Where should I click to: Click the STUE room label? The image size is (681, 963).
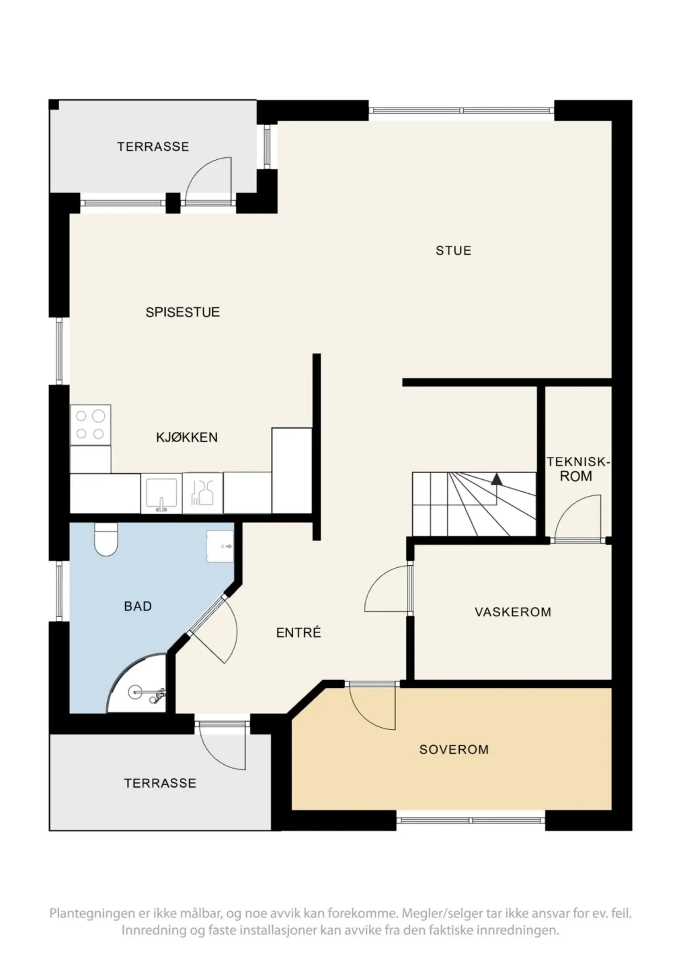click(453, 251)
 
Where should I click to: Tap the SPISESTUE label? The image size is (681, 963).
click(183, 312)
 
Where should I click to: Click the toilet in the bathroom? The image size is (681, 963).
click(106, 540)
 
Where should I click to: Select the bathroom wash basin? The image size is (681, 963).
click(220, 546)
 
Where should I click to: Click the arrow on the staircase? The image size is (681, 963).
click(496, 479)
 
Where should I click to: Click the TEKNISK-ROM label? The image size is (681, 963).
click(577, 469)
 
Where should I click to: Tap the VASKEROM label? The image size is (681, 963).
click(513, 612)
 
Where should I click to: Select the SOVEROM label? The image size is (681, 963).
click(454, 749)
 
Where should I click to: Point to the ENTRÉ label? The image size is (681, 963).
click(298, 632)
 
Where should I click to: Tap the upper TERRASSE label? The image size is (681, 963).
click(153, 147)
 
